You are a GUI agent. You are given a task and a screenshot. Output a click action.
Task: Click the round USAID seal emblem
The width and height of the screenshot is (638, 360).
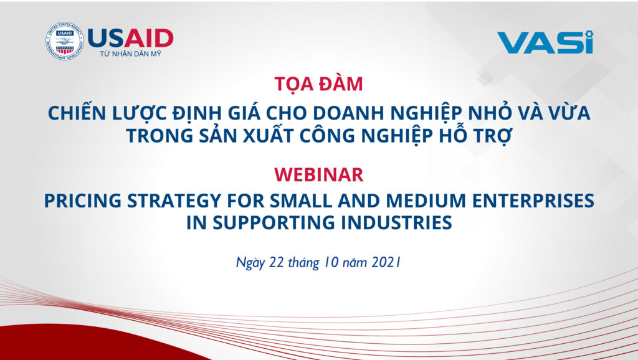(x=64, y=41)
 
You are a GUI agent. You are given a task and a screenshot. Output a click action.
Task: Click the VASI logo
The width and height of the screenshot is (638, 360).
(x=545, y=42)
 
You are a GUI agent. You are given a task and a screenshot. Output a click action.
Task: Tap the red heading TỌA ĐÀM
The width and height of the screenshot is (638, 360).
(x=318, y=84)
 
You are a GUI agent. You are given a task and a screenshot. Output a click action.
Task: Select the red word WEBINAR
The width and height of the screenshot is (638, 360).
(x=318, y=174)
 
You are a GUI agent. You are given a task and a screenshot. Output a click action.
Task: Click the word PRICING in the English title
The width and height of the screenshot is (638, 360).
(x=83, y=201)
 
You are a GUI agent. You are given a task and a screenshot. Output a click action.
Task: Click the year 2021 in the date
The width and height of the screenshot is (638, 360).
(x=386, y=262)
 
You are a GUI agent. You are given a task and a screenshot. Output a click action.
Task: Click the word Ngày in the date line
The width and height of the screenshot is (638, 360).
(x=250, y=263)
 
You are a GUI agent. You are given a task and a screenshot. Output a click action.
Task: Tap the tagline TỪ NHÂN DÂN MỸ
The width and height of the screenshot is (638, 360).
(x=131, y=54)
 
